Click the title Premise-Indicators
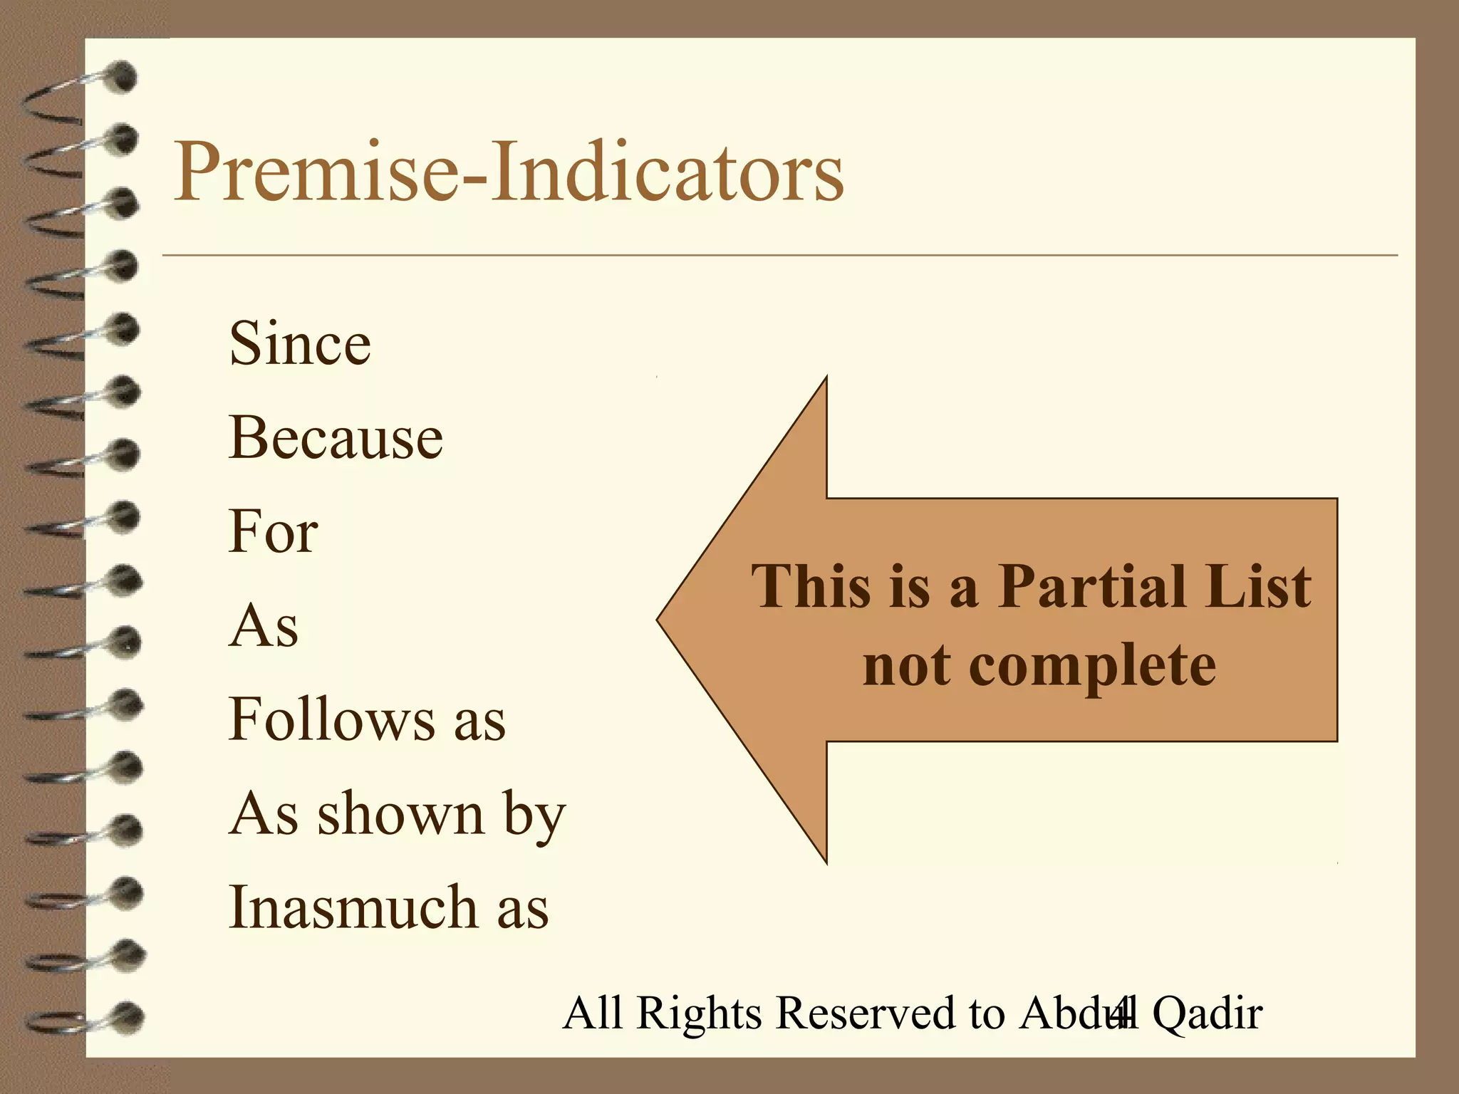[x=508, y=172]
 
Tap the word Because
[x=336, y=437]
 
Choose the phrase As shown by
[x=397, y=815]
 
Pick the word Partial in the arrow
[x=1089, y=587]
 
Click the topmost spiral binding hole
[x=123, y=76]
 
